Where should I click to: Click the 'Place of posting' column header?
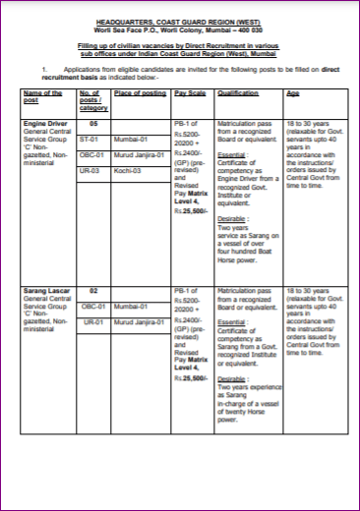(138, 92)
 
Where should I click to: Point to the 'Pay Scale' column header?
(188, 92)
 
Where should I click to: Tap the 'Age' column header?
(292, 92)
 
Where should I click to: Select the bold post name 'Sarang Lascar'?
(45, 292)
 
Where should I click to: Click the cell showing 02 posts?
(93, 292)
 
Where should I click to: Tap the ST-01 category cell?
(91, 140)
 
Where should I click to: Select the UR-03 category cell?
(91, 169)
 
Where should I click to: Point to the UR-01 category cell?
(93, 321)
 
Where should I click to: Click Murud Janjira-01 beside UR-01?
(138, 321)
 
